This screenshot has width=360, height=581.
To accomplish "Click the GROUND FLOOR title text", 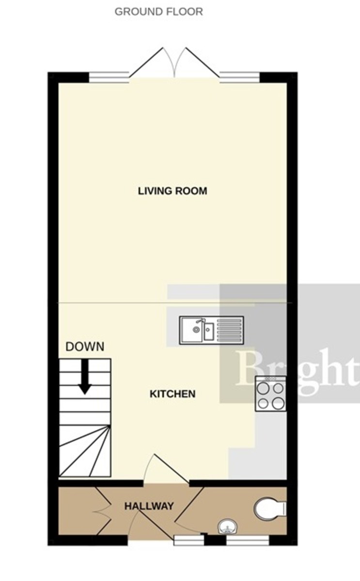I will point(158,12).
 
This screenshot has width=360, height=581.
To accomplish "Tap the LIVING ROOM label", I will point(172,191).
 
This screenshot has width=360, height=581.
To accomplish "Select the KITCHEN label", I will point(172,394).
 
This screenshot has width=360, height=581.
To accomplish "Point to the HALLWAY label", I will point(149,506).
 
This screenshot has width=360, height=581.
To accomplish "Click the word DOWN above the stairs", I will point(85,347).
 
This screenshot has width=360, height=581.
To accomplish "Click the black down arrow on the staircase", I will point(85,378).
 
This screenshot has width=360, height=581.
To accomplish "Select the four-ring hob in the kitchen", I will point(270,395).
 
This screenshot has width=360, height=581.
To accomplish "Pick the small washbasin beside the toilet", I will point(226,526).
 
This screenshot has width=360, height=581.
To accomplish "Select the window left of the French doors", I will point(109,76).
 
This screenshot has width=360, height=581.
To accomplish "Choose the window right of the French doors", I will point(239,76).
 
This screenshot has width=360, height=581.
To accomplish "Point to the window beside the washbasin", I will point(247,540).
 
